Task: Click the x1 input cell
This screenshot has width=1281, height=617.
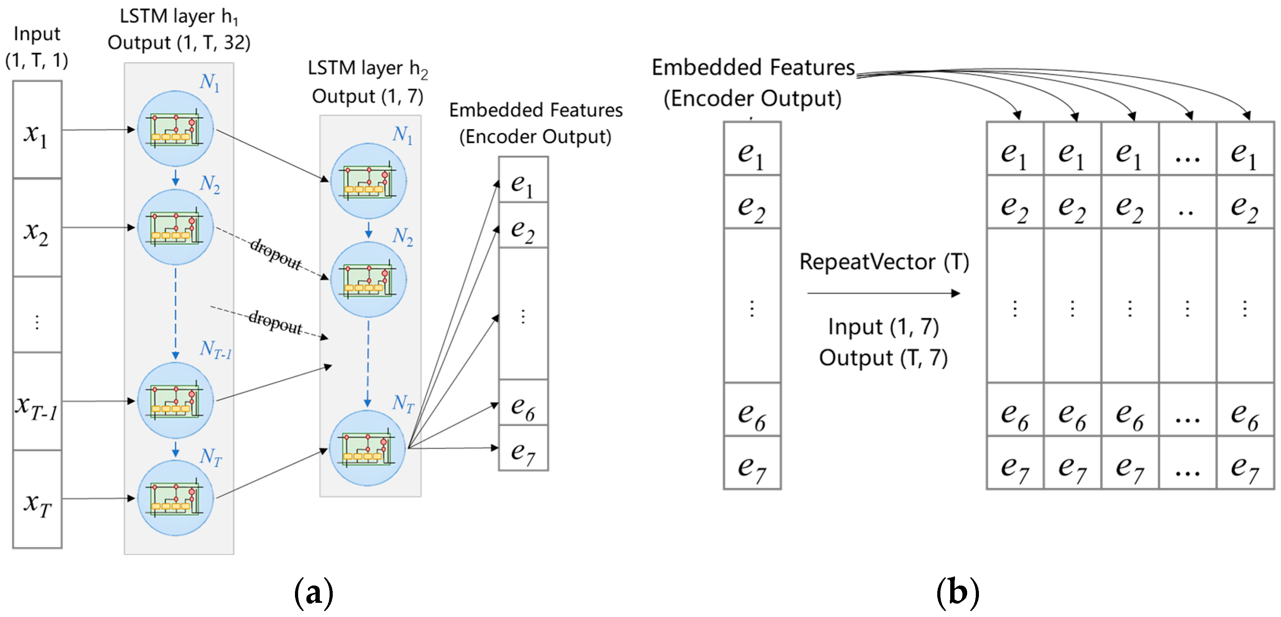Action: [37, 130]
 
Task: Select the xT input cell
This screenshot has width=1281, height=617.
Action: [37, 500]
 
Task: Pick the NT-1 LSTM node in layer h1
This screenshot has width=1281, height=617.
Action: [175, 400]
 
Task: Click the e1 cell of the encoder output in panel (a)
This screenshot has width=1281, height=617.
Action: [523, 180]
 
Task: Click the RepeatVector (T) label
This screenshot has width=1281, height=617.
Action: [884, 262]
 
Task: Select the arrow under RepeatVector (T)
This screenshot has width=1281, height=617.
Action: [883, 294]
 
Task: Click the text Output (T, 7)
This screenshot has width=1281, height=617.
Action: [883, 358]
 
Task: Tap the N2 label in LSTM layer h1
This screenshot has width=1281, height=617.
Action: [209, 184]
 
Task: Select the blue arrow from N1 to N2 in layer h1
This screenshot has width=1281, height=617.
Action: [175, 177]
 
